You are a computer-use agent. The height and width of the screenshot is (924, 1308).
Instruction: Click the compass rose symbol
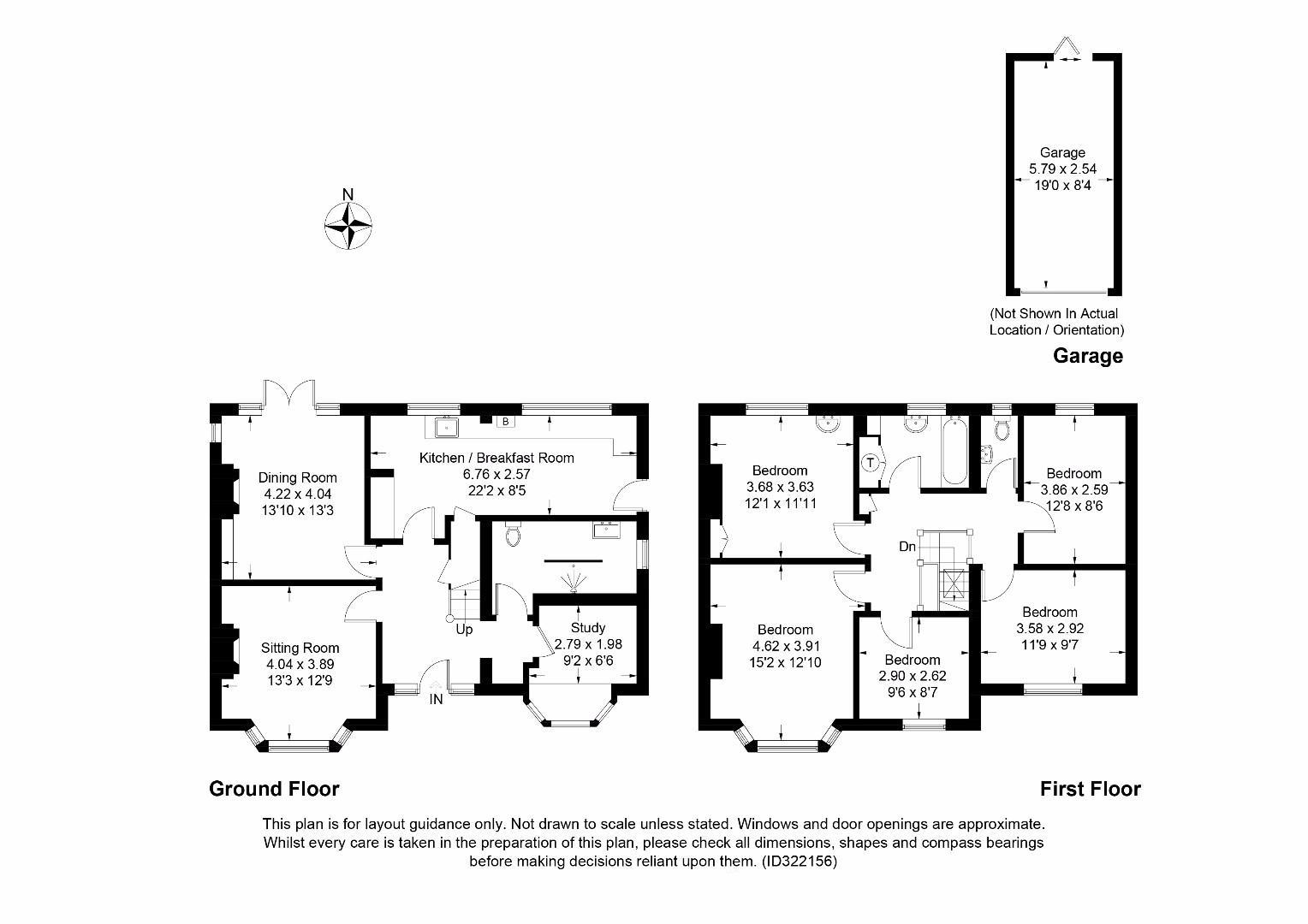(348, 226)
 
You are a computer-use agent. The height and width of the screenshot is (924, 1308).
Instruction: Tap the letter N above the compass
(348, 194)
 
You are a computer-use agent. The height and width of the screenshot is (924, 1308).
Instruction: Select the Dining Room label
(298, 477)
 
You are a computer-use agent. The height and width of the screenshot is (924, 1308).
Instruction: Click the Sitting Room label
(300, 648)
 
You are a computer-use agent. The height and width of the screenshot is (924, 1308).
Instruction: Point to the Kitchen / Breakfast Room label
(496, 459)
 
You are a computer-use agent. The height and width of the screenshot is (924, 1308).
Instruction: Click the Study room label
(588, 628)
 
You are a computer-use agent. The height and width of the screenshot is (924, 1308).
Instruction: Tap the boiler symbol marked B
(506, 422)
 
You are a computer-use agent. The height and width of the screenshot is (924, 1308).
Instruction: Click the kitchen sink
(446, 427)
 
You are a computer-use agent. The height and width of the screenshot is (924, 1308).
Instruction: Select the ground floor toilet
(513, 535)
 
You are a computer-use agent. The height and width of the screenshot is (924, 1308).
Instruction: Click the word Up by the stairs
(464, 630)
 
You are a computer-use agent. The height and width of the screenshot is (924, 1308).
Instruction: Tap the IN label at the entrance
(437, 699)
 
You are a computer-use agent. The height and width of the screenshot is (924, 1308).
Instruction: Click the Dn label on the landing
(907, 547)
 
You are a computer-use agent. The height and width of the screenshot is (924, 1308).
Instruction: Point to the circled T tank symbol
(871, 463)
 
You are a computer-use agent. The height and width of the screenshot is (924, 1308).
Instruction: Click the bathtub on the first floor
(954, 450)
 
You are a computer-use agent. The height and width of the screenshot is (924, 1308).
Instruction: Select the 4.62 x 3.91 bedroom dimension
(785, 646)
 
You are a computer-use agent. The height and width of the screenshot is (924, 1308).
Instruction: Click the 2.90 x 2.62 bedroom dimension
(913, 676)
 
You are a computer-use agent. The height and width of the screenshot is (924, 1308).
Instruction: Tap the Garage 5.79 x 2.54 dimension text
(1063, 169)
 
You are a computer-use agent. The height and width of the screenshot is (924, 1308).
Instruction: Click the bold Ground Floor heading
(275, 789)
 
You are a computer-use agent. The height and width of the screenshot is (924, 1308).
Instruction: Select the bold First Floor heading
(1091, 789)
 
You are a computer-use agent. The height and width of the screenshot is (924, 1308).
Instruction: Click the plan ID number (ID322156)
(800, 862)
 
